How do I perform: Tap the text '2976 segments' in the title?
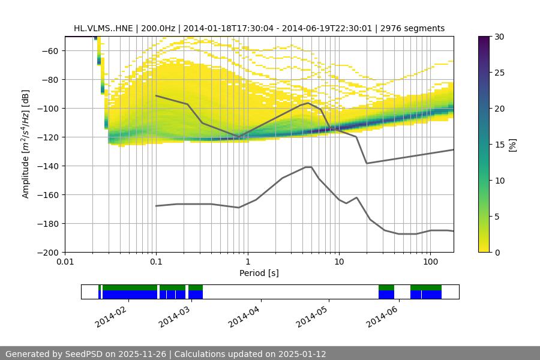coord(416,28)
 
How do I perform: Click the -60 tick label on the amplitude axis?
coord(49,51)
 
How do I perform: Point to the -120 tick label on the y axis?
coord(47,137)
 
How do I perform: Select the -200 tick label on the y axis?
coord(47,253)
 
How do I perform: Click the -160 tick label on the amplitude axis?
coord(47,195)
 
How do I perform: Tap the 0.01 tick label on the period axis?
coord(65,262)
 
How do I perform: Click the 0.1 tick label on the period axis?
coord(156,262)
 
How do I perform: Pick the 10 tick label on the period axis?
coord(338,262)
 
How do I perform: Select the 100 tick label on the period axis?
coord(430,262)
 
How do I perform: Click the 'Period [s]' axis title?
coord(259,273)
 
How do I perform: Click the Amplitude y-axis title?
coord(26,145)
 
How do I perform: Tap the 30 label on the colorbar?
coord(499,37)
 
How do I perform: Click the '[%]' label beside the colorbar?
coord(513,145)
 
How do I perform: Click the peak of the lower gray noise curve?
coord(308,167)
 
